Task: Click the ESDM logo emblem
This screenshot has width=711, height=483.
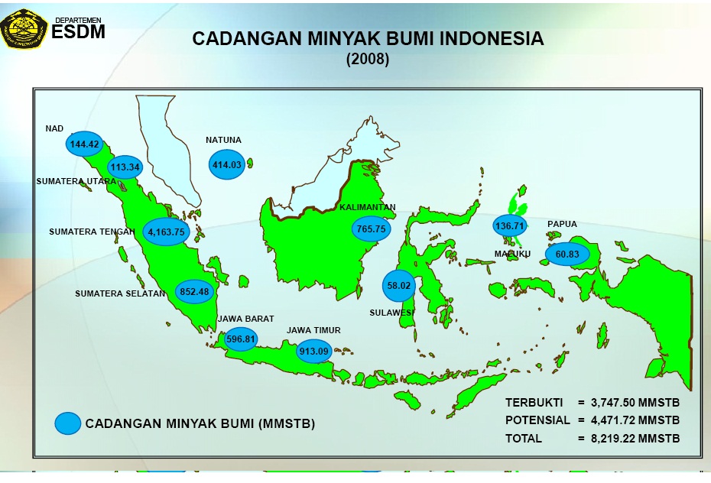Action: point(24,28)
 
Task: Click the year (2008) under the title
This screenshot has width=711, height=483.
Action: point(368,60)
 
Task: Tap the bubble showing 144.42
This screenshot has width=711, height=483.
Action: point(85,144)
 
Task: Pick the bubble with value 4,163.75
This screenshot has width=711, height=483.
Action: point(166,232)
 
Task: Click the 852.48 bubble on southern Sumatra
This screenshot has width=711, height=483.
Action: point(194,291)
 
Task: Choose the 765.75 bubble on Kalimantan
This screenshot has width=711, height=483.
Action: point(372,228)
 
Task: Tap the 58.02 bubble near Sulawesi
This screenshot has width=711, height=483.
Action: point(399,285)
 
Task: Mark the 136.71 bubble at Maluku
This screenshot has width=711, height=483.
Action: point(510,226)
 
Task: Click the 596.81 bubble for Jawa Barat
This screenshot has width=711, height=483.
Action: point(241,339)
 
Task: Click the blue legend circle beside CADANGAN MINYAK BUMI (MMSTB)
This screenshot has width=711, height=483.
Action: point(68,423)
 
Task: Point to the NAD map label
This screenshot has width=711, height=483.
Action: point(54,128)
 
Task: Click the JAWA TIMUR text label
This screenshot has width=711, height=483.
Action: point(313,330)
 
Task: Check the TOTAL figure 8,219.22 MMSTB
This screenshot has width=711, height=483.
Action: point(634,439)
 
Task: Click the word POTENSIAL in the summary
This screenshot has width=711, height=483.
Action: point(537,420)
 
